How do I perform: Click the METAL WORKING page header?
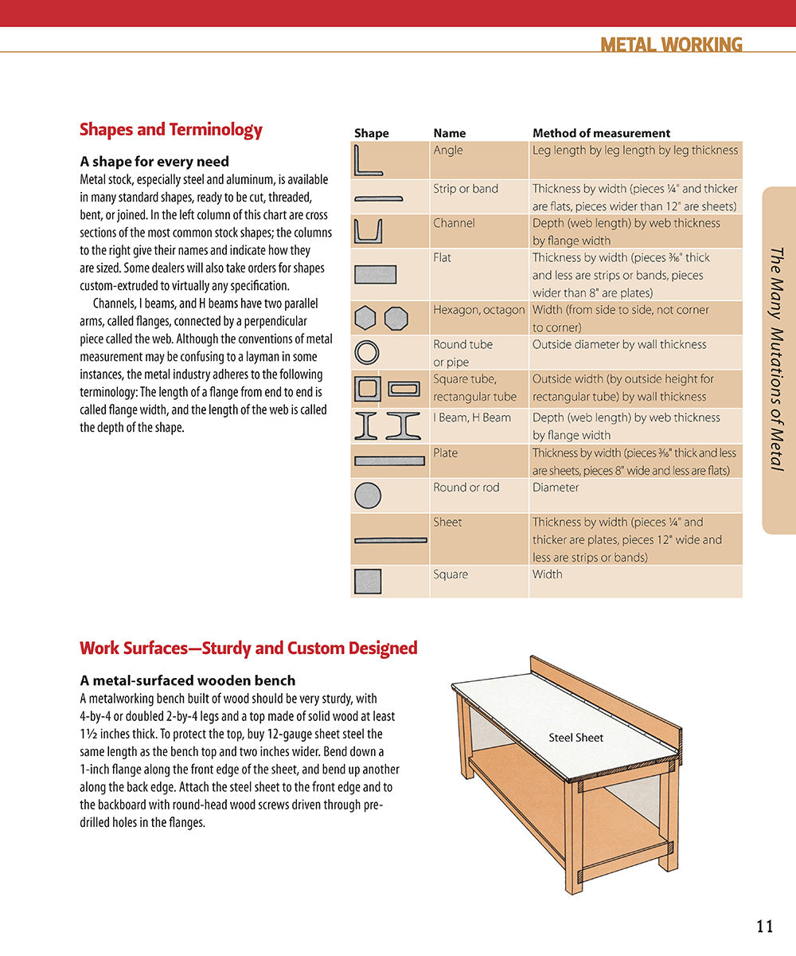[x=671, y=45]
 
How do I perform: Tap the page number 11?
[x=764, y=926]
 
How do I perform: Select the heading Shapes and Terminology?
[x=171, y=130]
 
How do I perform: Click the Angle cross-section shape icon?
[x=369, y=160]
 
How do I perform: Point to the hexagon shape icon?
[x=365, y=319]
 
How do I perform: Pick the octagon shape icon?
[x=396, y=319]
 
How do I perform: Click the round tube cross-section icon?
[x=367, y=353]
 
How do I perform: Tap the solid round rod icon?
[x=367, y=496]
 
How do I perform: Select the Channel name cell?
[x=454, y=223]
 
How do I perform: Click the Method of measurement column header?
[x=601, y=133]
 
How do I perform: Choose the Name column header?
[x=450, y=133]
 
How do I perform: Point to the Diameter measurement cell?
[x=556, y=488]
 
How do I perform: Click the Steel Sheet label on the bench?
[x=576, y=738]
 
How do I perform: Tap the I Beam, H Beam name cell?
[x=472, y=417]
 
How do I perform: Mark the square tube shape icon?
[x=367, y=389]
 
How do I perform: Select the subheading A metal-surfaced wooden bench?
[x=188, y=680]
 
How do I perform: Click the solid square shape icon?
[x=368, y=582]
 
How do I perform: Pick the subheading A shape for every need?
[x=154, y=161]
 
